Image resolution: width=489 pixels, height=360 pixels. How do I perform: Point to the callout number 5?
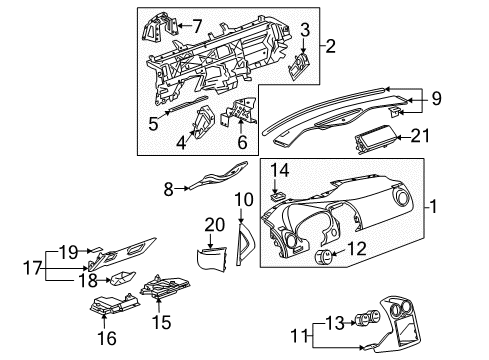(x=153, y=125)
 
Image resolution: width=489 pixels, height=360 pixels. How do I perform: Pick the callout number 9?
(x=436, y=97)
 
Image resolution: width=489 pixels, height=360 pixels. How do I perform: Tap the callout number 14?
(x=282, y=171)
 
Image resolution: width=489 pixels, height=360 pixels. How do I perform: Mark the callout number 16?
(x=105, y=339)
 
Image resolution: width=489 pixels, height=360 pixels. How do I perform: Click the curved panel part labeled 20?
(x=211, y=262)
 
